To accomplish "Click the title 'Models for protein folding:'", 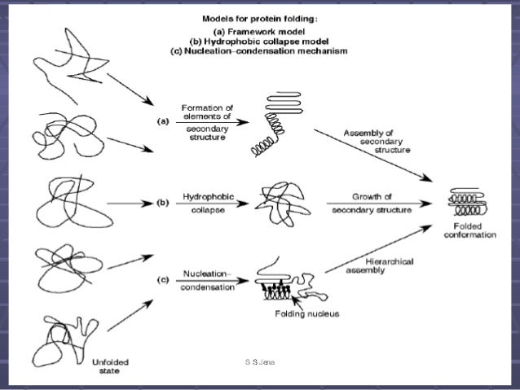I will (267, 18).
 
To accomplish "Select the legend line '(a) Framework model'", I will (267, 29).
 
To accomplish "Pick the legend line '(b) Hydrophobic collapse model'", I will (267, 40).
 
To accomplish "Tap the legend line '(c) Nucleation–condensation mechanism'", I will (267, 50).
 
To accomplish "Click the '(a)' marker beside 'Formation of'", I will (162, 120).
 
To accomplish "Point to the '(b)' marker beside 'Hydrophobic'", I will (162, 203).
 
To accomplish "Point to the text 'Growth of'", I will (369, 196).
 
